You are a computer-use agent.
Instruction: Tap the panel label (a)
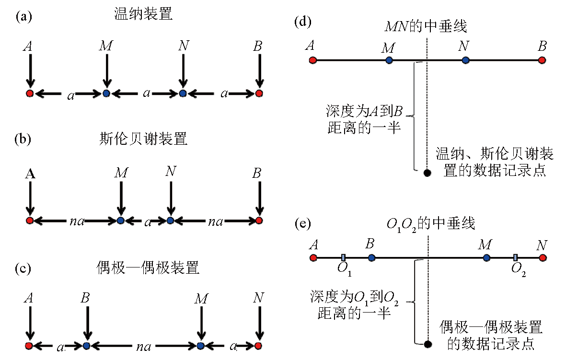(24, 16)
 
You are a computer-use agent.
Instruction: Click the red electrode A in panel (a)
(30, 93)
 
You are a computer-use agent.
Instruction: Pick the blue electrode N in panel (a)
(182, 93)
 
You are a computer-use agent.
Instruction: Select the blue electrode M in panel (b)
(121, 221)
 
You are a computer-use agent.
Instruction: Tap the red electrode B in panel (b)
(259, 221)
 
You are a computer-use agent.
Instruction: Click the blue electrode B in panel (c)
(86, 345)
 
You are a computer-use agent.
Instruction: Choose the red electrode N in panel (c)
(258, 345)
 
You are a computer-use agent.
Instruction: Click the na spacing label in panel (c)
(143, 346)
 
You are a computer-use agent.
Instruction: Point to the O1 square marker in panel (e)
(343, 258)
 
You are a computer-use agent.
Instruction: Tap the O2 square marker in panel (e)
(515, 258)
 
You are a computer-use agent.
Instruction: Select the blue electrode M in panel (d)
(389, 60)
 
